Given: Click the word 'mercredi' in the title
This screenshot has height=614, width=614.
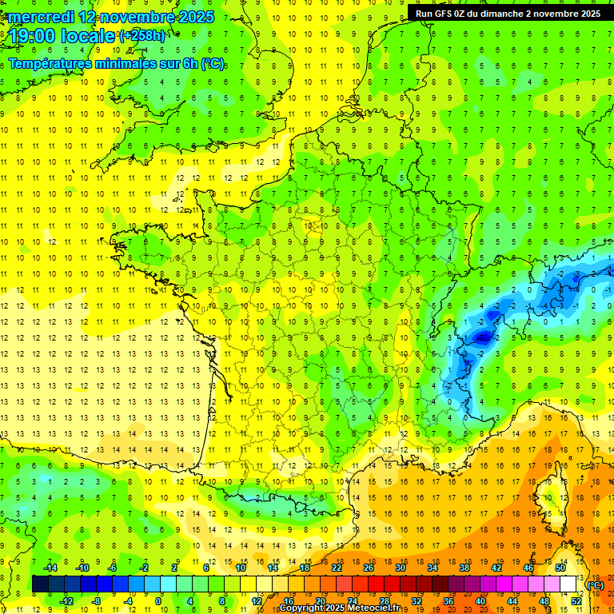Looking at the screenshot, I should [x=42, y=17].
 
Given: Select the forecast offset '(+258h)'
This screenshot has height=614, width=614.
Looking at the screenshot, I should [x=143, y=36].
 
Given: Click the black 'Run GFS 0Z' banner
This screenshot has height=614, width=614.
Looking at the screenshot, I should [x=508, y=14].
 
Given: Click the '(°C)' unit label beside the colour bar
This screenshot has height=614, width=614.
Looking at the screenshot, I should [x=596, y=585].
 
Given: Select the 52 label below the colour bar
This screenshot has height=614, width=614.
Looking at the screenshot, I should [x=576, y=601].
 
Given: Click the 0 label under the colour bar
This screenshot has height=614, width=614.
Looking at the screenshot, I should [x=158, y=601].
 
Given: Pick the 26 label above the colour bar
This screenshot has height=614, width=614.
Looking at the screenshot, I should [x=369, y=568].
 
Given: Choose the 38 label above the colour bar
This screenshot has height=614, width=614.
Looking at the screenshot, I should [x=464, y=568].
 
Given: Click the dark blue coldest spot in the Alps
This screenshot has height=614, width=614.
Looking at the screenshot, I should [x=482, y=338].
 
